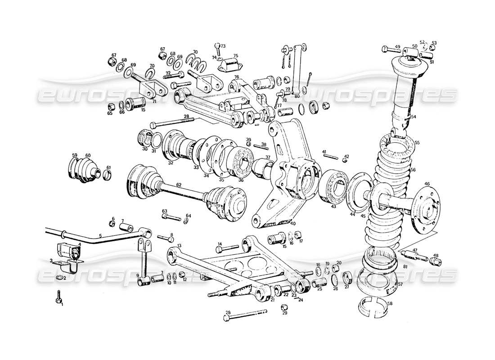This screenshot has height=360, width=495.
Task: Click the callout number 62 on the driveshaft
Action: pos(179,184)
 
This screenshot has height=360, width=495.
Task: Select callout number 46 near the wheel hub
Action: pos(427,184)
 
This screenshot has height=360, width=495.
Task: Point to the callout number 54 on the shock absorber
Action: pos(414,117)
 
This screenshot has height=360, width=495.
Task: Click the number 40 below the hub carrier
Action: pos(293,224)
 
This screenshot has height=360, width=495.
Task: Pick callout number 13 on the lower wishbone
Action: pos(179,245)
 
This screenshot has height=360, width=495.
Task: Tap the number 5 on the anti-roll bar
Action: pos(100,235)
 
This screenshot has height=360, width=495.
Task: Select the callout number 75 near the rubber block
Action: pos(234,56)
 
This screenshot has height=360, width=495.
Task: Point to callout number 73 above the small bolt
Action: pos(223,46)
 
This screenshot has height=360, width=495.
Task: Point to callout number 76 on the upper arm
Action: pos(236,77)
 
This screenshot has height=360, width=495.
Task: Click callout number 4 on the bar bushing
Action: pos(80,245)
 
